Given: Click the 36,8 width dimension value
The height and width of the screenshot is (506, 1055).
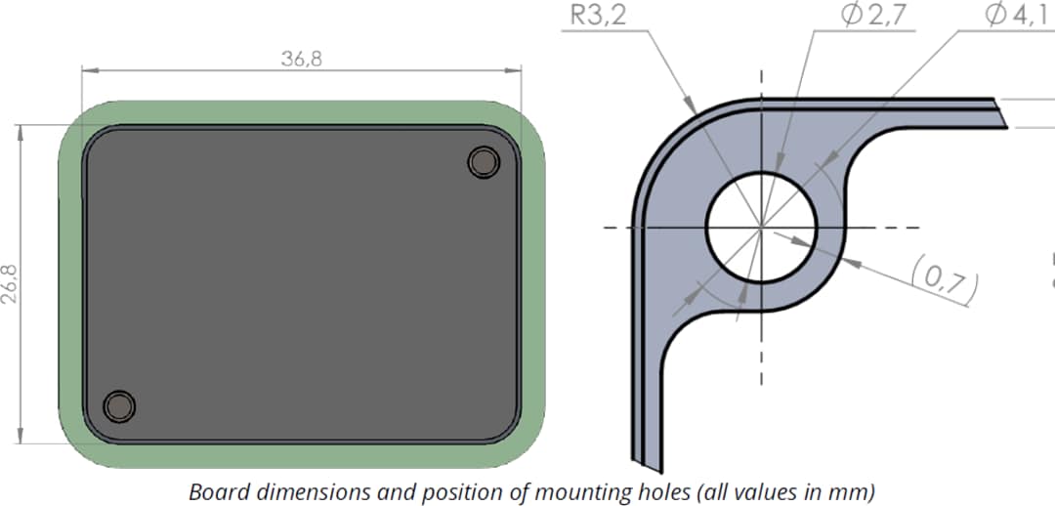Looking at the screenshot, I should [302, 59].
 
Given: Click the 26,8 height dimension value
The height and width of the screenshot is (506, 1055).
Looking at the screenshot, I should [11, 282].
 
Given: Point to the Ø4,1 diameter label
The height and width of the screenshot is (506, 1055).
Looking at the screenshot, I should [1020, 17].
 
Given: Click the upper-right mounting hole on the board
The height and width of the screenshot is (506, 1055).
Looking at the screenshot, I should [484, 162].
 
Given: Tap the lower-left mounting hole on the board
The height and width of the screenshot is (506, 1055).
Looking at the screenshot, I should [119, 405].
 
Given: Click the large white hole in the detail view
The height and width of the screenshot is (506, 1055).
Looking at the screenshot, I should [761, 227].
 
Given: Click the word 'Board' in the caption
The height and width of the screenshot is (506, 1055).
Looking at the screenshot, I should [214, 491].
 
